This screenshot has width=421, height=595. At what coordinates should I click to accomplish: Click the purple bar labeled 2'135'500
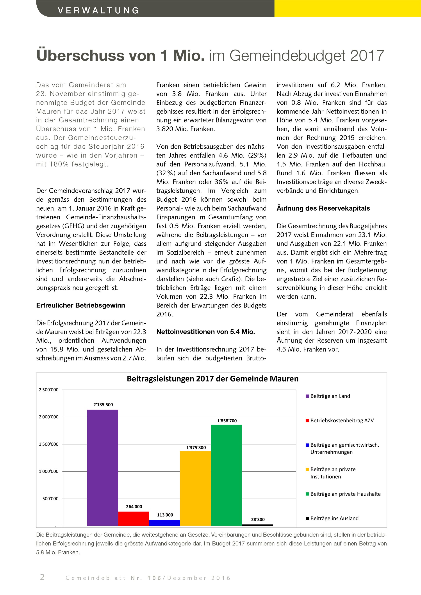coord(102,467)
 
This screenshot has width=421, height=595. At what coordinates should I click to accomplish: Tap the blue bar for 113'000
coord(164,523)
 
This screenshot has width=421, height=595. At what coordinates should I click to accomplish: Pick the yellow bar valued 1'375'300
coord(195,488)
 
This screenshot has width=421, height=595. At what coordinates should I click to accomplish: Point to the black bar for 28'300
coord(257,525)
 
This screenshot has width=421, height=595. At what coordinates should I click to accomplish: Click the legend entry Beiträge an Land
coord(330,396)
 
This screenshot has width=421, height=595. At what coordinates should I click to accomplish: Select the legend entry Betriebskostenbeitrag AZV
coord(342,420)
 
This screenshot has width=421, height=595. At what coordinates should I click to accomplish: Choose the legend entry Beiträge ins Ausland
coord(334,518)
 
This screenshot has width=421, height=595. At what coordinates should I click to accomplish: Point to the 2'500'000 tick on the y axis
coord(49,390)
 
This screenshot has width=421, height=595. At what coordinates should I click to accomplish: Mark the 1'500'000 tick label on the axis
coord(49,444)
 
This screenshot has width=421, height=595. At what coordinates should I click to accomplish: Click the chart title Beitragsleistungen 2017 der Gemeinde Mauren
coord(212,379)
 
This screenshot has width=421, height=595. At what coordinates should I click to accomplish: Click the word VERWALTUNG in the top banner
coord(98,10)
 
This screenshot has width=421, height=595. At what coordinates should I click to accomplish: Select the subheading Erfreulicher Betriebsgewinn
coord(81,305)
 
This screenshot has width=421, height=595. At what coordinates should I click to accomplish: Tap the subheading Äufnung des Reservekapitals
coord(323,208)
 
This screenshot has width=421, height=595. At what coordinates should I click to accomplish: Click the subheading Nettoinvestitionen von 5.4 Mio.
coord(206,332)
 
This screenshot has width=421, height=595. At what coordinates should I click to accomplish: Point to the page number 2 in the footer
coord(42,577)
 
